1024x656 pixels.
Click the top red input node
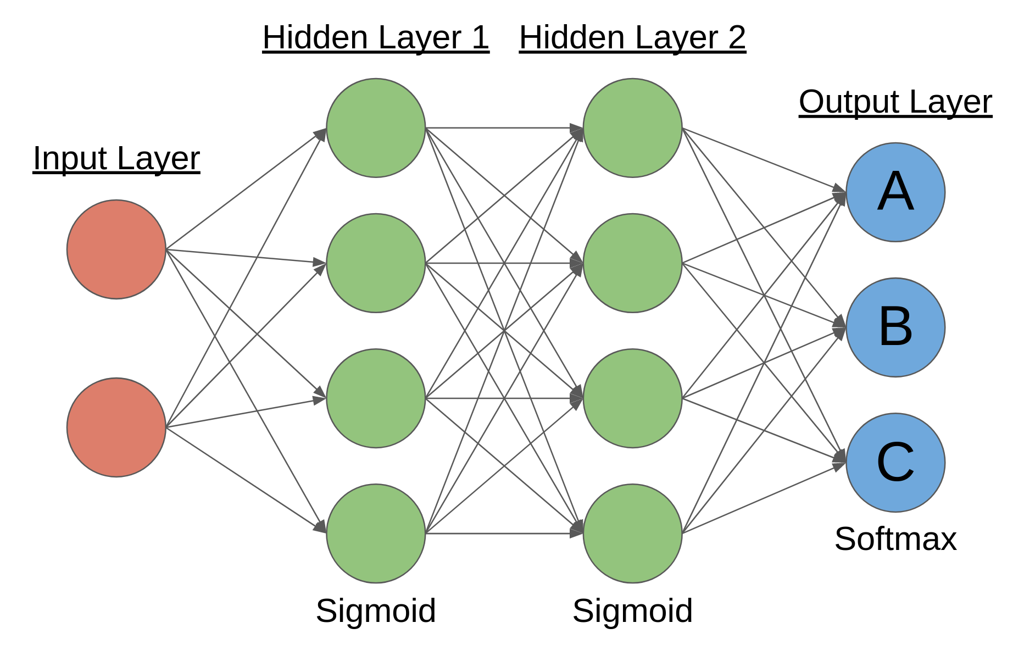(116, 249)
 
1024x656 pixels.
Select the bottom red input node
(116, 427)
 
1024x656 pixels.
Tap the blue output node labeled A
(895, 192)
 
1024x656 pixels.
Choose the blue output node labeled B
(895, 327)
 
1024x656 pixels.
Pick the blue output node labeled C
(895, 463)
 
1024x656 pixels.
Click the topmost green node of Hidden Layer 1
(376, 128)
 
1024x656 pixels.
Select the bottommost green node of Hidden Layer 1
(376, 533)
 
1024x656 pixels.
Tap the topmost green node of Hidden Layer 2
(633, 128)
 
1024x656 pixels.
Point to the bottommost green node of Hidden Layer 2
(633, 533)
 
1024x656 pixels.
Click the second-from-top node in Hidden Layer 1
(376, 263)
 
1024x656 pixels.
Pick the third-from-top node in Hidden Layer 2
(633, 398)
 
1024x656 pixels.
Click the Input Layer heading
(116, 159)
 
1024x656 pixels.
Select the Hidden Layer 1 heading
(376, 38)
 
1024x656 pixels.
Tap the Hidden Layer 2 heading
(632, 38)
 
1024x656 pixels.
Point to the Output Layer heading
(895, 102)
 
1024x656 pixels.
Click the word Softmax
(895, 539)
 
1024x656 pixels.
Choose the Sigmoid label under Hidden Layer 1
(376, 611)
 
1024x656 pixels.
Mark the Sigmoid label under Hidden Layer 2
(632, 611)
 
